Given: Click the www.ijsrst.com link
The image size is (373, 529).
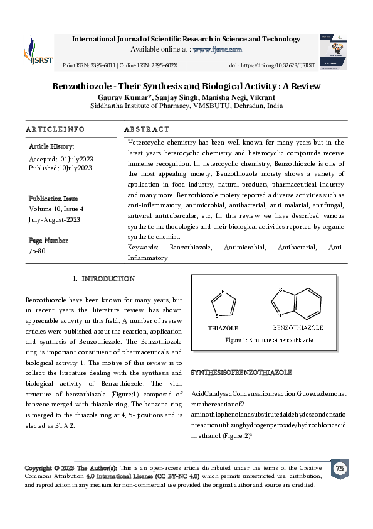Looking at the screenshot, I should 218,49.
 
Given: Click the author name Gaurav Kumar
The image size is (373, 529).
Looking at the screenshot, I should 121,97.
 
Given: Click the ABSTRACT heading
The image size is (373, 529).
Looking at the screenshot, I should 147,129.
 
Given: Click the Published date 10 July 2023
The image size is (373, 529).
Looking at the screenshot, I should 60,168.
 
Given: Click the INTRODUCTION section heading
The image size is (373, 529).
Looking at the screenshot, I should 108,278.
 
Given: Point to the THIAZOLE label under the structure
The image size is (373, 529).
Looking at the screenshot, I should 223,328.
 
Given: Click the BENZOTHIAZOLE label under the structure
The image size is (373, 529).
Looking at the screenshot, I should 298,328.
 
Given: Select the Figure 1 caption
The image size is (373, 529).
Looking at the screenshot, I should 270,340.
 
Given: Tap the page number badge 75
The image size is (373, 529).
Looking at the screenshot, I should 340,469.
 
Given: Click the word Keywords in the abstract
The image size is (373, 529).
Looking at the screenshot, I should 142,248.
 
